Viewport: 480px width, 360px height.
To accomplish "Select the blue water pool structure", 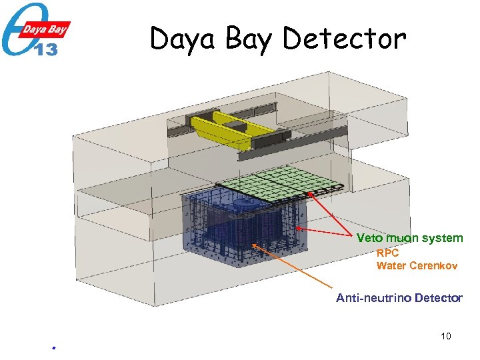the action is click(243, 227).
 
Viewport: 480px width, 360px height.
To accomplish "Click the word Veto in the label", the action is click(369, 238).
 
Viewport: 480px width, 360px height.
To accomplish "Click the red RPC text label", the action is click(387, 253).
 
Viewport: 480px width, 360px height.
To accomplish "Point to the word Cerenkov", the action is click(433, 266).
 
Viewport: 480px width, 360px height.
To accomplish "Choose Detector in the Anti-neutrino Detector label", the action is click(437, 298).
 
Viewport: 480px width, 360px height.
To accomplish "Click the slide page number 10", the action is click(446, 336).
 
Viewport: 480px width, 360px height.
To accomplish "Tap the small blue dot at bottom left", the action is click(53, 348).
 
